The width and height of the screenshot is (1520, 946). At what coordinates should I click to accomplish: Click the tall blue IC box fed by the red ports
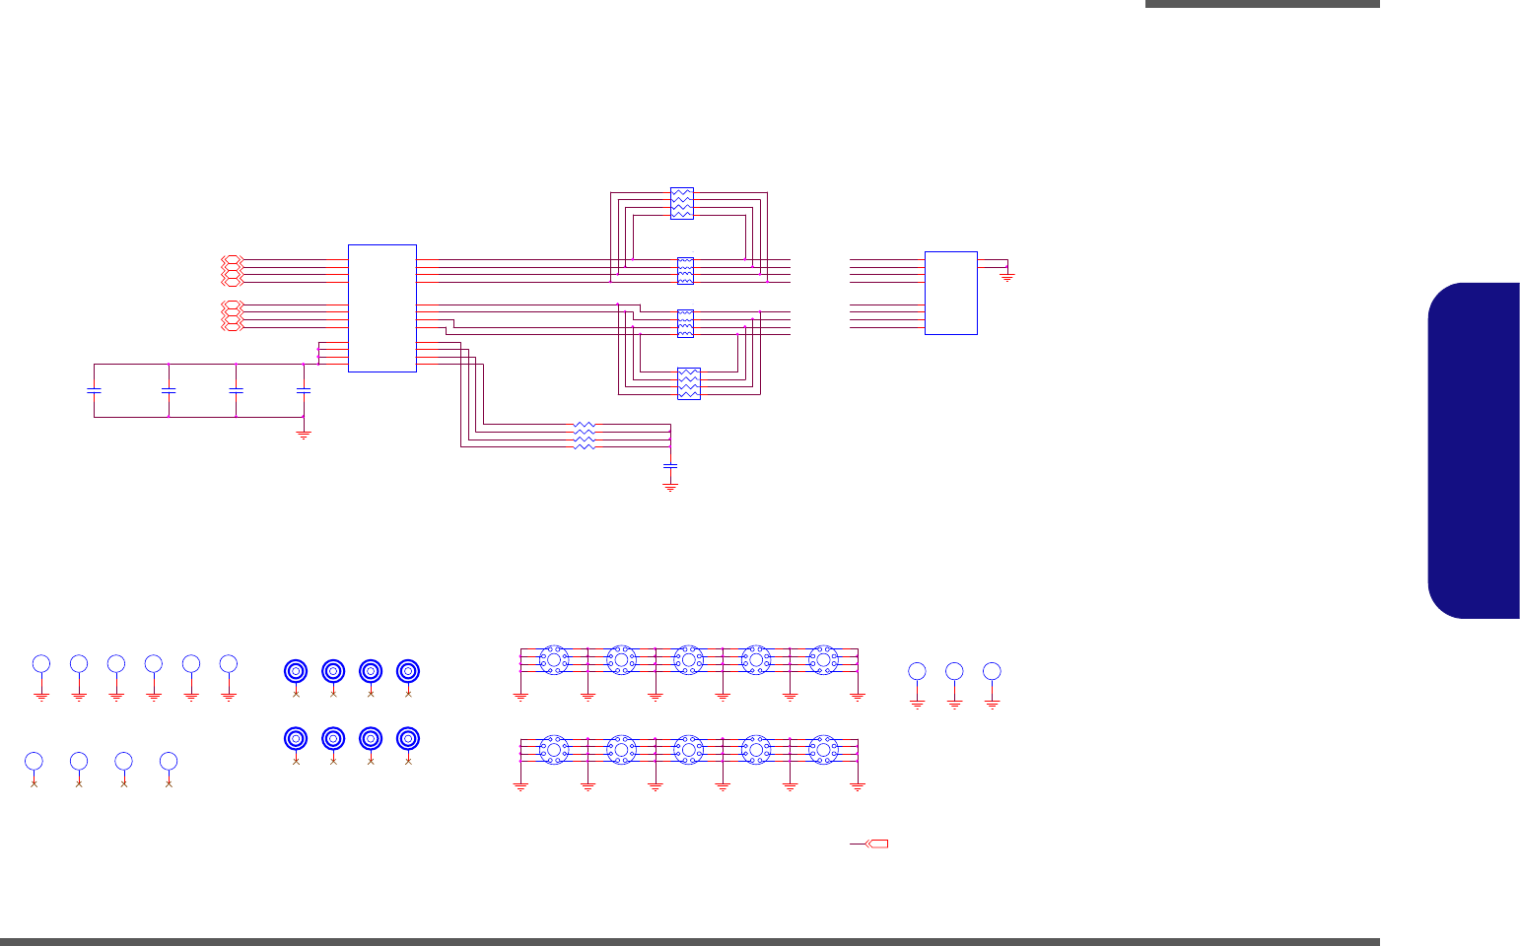point(382,307)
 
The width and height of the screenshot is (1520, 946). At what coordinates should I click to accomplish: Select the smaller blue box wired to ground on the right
point(950,293)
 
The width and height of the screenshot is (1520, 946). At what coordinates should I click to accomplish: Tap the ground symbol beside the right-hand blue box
point(1007,276)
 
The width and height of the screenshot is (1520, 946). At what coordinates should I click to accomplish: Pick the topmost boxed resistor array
point(681,203)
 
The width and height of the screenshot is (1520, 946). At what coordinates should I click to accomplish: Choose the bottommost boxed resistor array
point(688,383)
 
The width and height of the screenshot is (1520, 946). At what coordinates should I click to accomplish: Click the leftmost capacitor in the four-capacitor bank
point(95,390)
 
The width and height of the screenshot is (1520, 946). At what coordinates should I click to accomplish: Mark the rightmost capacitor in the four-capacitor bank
point(304,390)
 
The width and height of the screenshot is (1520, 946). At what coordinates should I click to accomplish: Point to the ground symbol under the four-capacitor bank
point(304,433)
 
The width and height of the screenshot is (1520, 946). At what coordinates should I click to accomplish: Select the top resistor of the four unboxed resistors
point(585,426)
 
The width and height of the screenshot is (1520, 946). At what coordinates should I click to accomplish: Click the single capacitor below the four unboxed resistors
point(670,464)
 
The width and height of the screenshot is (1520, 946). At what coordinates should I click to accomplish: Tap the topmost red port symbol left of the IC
point(232,260)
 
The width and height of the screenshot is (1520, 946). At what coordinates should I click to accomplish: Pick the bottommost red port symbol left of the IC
point(232,327)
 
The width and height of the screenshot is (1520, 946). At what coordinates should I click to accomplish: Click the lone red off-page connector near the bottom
point(875,845)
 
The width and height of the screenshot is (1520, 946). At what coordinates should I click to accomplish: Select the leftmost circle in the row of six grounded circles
point(41,662)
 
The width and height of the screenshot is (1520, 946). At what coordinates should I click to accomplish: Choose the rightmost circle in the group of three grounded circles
point(992,671)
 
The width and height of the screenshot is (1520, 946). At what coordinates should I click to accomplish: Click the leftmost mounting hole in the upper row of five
point(554,660)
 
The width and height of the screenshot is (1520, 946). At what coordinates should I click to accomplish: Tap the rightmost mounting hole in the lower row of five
point(823,750)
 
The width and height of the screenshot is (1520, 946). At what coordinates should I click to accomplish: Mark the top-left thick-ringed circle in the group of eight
point(296,671)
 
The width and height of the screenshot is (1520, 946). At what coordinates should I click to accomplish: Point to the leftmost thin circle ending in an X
point(34,761)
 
